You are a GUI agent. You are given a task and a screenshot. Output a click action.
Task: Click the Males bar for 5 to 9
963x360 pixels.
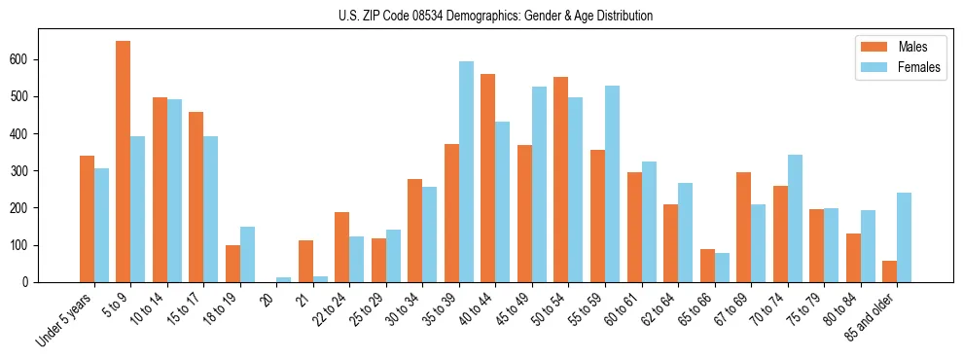124,162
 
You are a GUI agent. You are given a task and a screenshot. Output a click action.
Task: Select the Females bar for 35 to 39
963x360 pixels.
467,171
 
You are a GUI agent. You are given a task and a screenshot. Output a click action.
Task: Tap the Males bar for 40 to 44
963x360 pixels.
488,178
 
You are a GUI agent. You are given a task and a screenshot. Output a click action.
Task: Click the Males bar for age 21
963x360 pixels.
305,261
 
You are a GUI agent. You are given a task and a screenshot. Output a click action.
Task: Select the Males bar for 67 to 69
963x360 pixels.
743,227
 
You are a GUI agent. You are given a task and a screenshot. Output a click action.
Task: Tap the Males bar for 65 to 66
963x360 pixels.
707,266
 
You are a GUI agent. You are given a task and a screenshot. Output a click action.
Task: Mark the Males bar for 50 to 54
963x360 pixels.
561,179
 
